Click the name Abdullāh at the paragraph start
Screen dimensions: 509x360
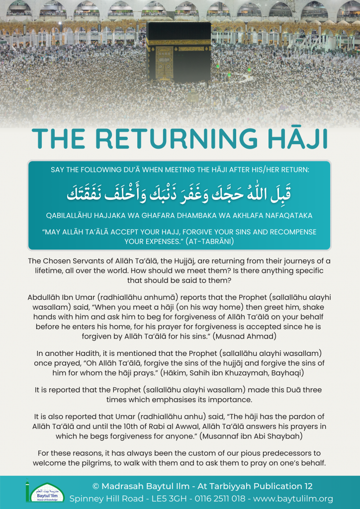(48, 297)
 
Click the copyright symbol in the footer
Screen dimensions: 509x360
(96, 485)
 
